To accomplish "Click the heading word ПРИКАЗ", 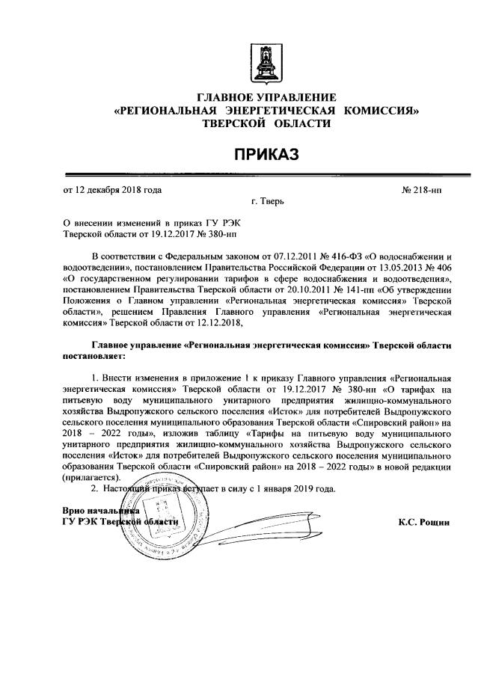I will coord(266,155).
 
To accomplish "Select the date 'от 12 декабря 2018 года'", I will coord(112,190).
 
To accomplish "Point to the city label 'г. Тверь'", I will coord(267,202).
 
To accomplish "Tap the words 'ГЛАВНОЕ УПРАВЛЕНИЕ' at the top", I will coord(266,97).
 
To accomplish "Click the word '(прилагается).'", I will coord(93,477).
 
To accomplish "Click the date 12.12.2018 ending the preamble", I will coord(217,323).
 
